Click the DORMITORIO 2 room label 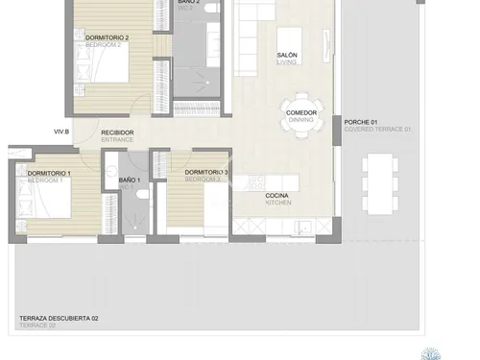(x=107, y=37)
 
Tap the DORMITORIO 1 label (x=45, y=173)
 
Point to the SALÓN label (x=286, y=56)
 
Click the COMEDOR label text (x=300, y=112)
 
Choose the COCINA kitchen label (x=278, y=196)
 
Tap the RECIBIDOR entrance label (x=117, y=132)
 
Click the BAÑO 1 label (x=130, y=180)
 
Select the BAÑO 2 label (x=189, y=3)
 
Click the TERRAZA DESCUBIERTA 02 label (x=59, y=318)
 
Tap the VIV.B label (x=61, y=132)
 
